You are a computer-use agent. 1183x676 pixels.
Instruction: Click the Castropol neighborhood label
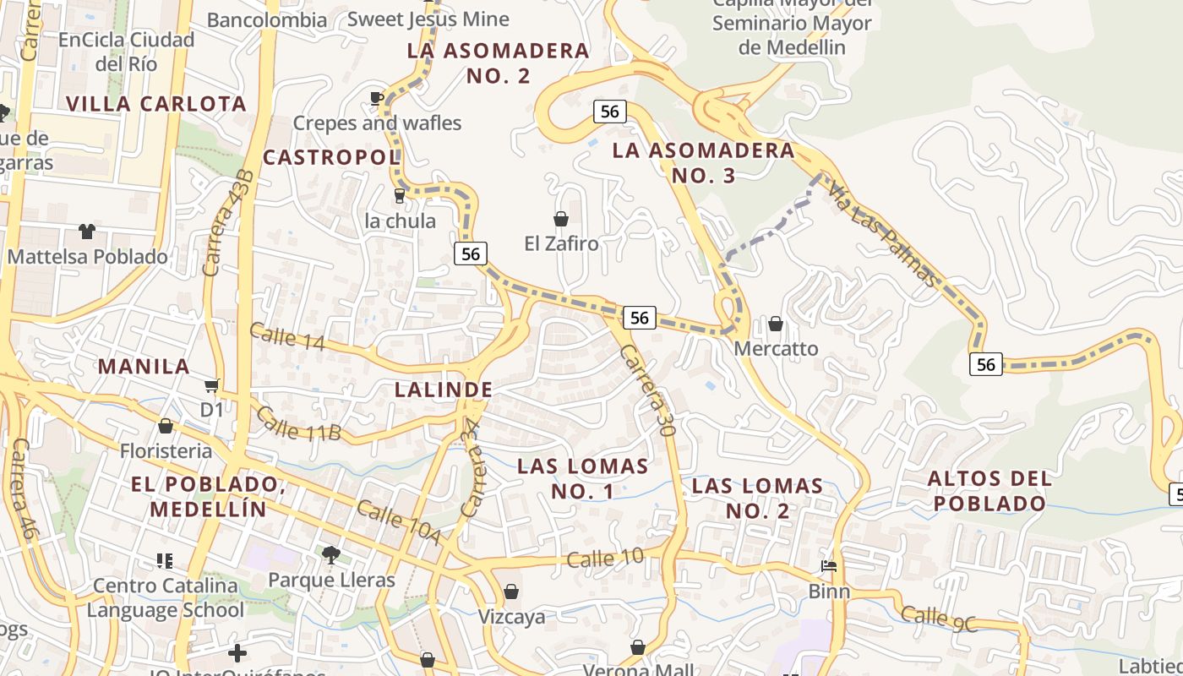coord(330,157)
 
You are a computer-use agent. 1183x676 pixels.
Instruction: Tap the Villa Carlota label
coord(156,104)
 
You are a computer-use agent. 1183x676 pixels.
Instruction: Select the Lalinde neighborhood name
coord(444,390)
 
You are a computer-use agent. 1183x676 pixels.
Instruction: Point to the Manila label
coord(144,367)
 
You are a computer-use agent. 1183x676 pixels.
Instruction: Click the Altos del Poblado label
coord(989,491)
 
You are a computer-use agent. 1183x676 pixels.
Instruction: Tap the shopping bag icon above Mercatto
coord(775,324)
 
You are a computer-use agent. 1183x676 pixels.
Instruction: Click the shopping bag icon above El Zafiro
coord(560,220)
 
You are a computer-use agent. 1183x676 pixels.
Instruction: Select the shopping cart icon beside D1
coord(210,385)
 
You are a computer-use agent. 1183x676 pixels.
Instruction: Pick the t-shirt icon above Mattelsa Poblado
coord(87,232)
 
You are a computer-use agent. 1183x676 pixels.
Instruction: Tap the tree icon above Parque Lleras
coord(330,555)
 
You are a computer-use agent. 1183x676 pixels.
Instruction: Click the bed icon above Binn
coord(829,566)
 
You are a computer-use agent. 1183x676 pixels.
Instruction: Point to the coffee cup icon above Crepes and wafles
coord(377,99)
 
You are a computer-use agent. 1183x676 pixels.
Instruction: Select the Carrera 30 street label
coord(648,390)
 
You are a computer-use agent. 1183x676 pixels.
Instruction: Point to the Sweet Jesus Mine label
coord(428,19)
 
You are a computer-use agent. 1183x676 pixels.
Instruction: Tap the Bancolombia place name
coord(266,19)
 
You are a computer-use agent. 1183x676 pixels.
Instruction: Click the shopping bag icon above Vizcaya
coord(510,591)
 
